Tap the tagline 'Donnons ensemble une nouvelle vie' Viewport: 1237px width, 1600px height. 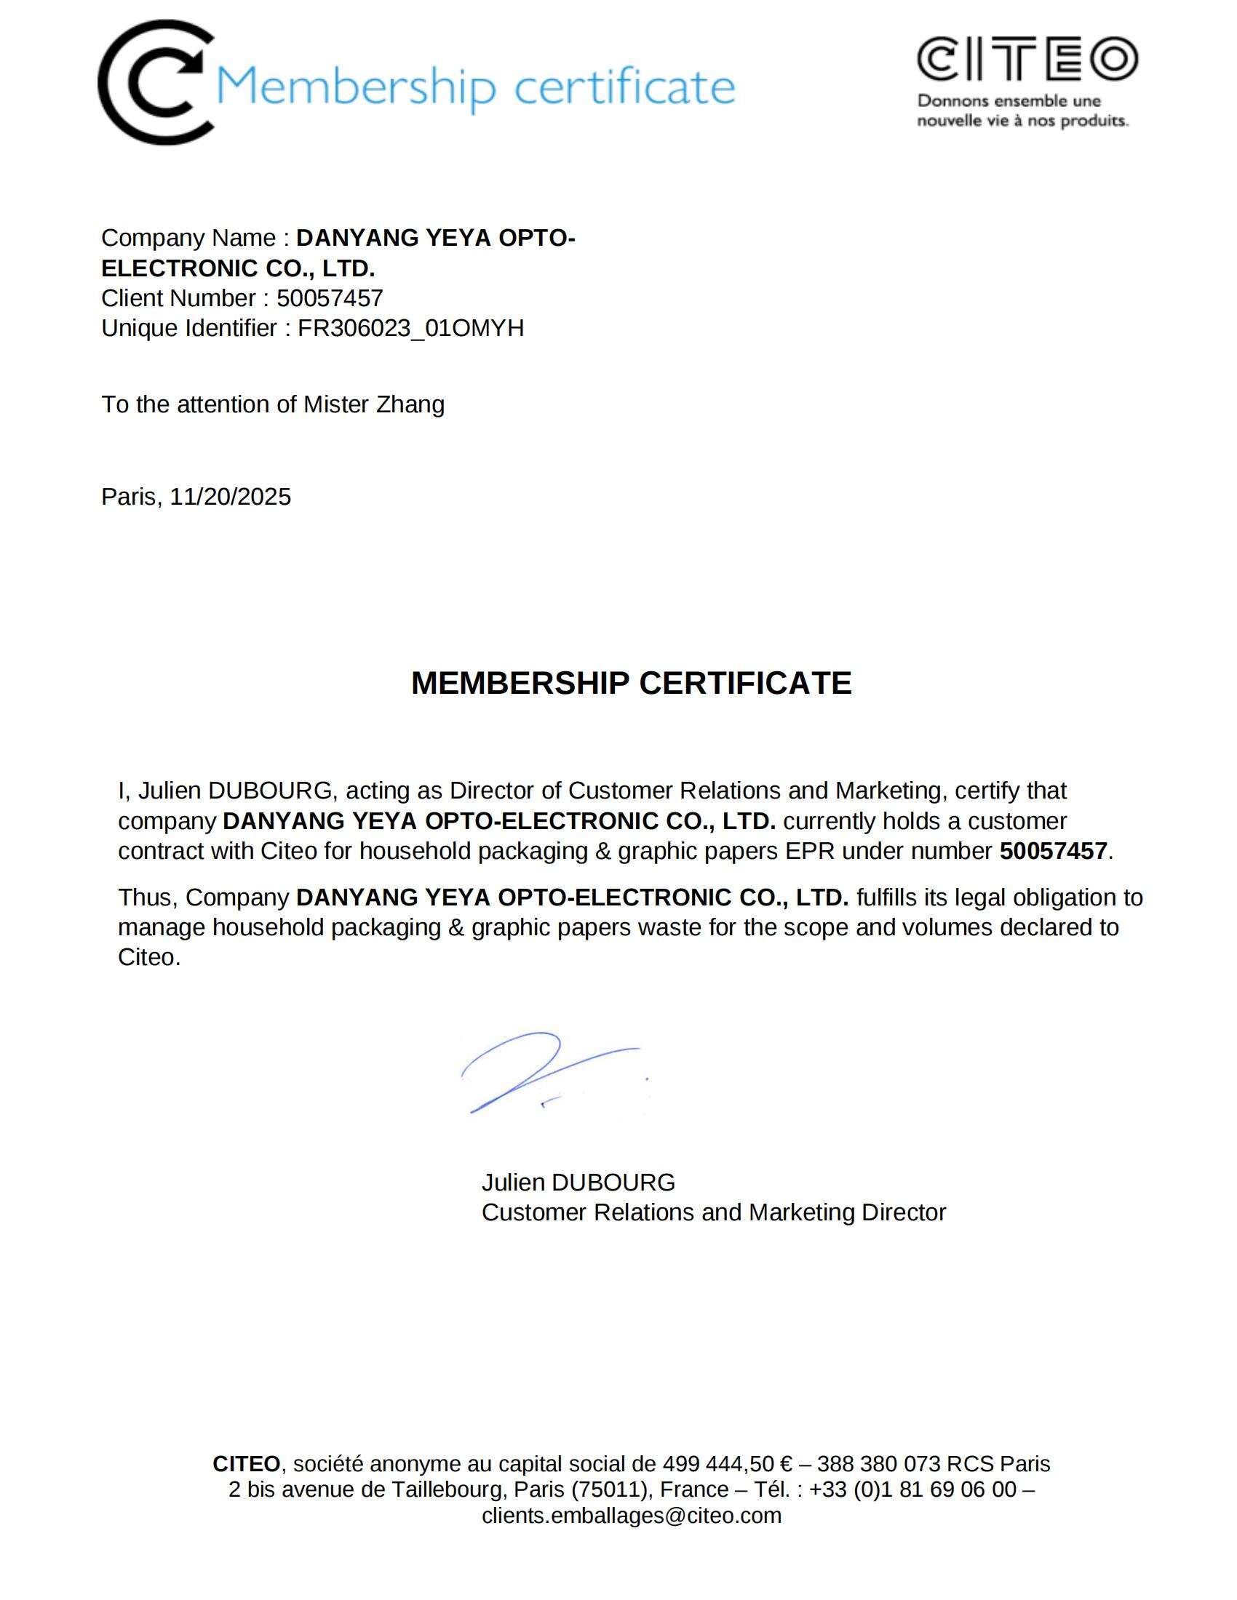1022,111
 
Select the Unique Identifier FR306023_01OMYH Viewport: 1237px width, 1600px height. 410,328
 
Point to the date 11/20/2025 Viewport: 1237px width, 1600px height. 230,497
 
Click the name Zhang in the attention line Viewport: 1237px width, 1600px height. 410,404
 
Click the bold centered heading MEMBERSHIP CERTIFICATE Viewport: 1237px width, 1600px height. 631,683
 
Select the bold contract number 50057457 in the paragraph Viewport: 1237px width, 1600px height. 1052,851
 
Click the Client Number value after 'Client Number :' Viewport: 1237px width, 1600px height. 330,298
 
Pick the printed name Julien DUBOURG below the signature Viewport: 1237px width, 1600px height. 578,1182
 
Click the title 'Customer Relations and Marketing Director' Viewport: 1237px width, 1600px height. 713,1212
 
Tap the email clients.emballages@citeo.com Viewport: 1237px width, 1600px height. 631,1515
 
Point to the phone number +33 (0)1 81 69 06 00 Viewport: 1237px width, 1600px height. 912,1489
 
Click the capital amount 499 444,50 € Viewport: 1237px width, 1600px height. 727,1464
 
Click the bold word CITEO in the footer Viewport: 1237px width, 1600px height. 246,1464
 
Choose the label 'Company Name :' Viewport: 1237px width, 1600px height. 195,238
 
